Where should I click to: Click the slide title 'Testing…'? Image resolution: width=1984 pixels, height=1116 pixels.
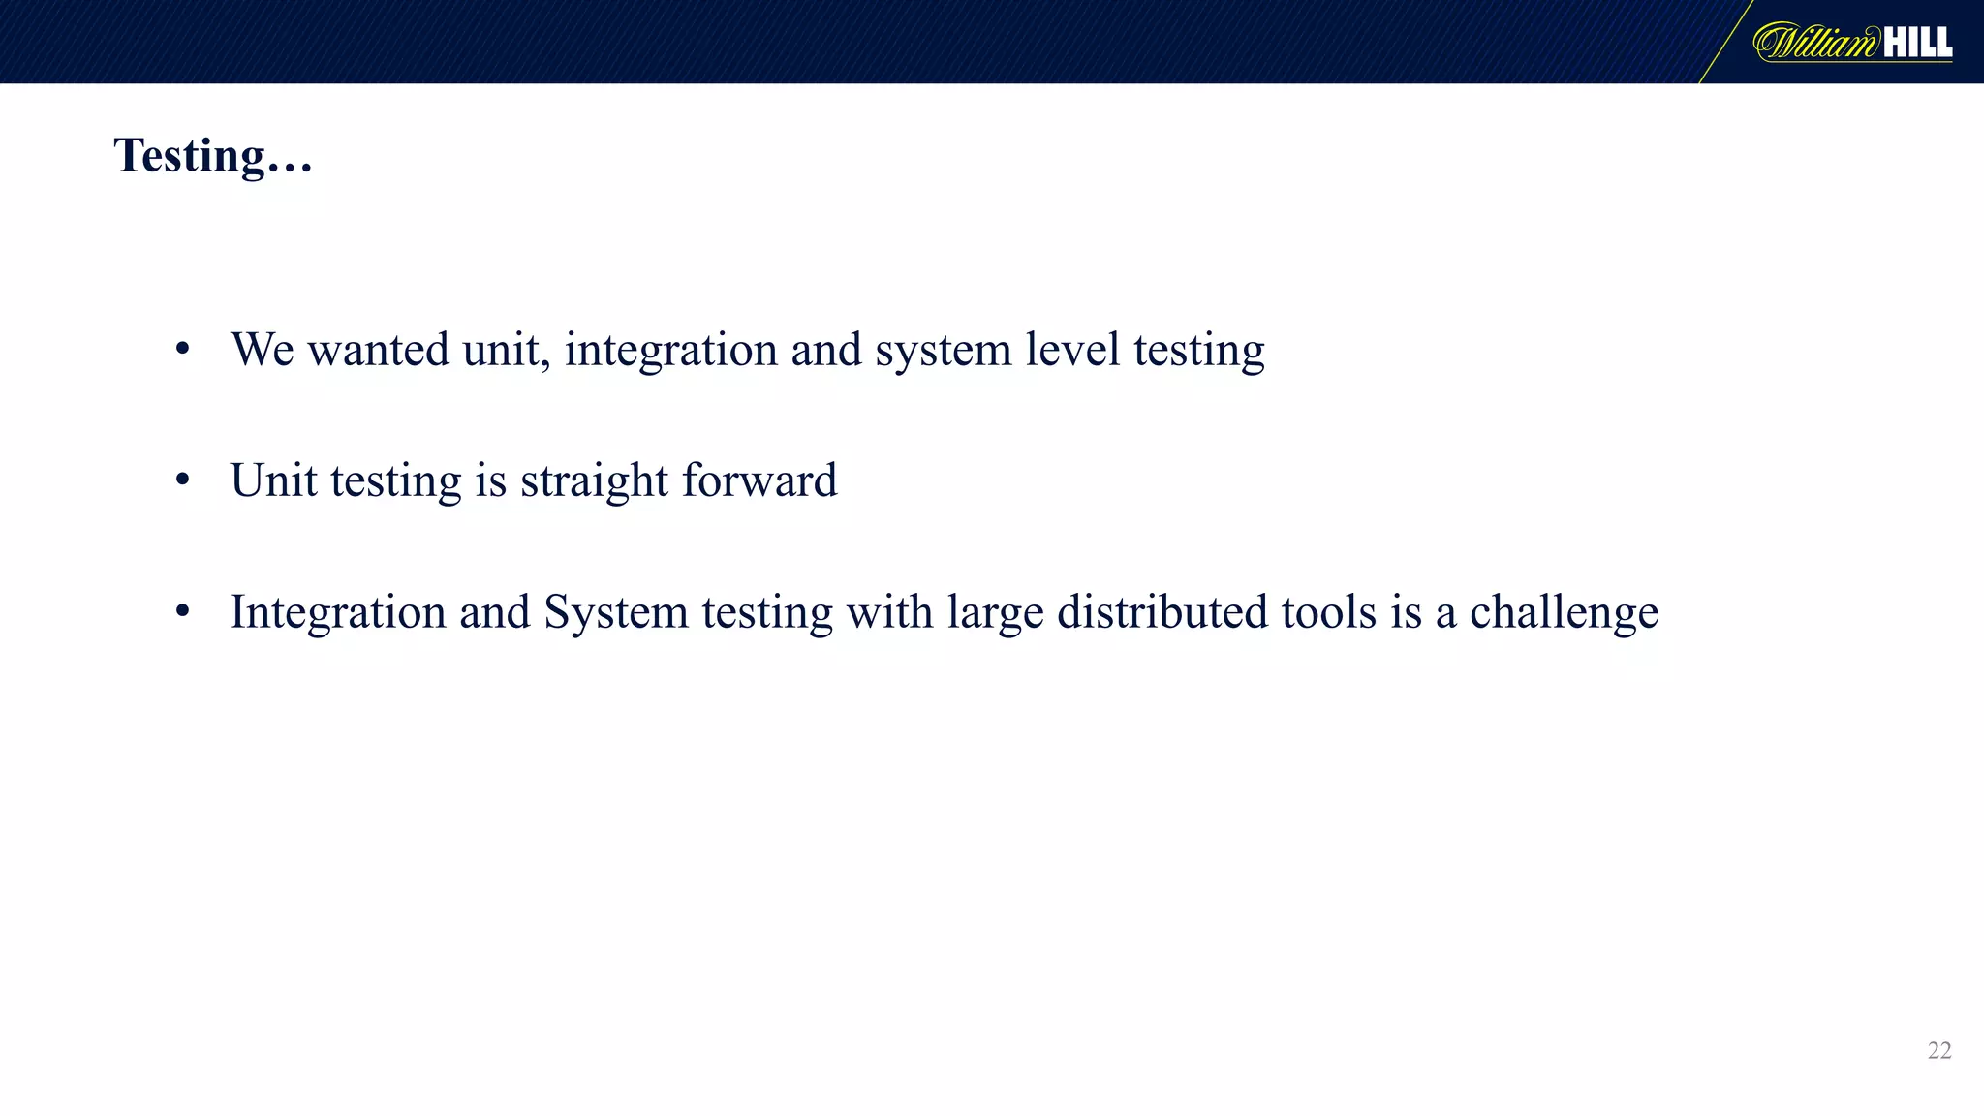point(213,156)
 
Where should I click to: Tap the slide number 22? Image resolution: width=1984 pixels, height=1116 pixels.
point(1939,1051)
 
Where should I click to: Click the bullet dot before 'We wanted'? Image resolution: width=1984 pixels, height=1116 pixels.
point(183,350)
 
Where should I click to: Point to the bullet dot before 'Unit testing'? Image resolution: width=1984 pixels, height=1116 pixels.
point(183,480)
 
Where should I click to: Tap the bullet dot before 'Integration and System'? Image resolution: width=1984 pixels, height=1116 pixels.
point(183,612)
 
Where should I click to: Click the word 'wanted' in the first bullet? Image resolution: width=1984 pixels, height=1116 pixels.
point(379,350)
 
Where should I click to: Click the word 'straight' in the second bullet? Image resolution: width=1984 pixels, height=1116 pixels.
point(594,481)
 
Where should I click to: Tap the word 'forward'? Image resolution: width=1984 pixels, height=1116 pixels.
point(759,480)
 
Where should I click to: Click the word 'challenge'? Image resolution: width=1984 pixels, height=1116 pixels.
point(1564,613)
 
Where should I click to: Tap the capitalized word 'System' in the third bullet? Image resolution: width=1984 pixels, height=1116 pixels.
point(615,613)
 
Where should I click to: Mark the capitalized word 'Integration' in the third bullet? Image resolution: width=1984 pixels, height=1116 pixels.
point(337,613)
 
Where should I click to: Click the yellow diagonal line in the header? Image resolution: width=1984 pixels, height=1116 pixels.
point(1725,42)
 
